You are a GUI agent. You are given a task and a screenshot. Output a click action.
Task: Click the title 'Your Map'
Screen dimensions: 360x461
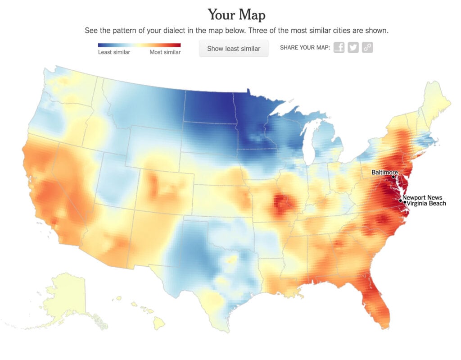(x=236, y=15)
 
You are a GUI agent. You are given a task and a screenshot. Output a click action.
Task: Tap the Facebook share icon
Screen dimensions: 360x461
(x=339, y=48)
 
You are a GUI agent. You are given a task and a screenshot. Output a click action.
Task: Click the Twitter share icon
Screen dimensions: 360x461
(x=353, y=48)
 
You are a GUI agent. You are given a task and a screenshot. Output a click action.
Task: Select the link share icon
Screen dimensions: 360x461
(x=367, y=48)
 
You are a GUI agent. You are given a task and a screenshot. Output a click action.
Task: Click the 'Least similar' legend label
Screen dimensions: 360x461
(x=114, y=52)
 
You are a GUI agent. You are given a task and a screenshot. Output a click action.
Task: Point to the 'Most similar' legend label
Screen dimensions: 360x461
(x=165, y=52)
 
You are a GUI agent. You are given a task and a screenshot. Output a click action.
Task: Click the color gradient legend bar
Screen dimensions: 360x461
(x=139, y=45)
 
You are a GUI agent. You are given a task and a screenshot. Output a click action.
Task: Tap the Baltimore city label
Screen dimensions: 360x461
(x=384, y=172)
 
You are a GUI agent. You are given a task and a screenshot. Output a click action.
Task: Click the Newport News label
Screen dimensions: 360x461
(x=422, y=197)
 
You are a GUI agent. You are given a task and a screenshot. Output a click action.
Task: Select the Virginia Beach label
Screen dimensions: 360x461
(x=426, y=203)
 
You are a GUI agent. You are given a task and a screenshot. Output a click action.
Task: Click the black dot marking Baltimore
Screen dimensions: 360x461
(x=393, y=177)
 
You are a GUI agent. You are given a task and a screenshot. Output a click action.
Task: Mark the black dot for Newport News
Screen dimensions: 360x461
(x=401, y=200)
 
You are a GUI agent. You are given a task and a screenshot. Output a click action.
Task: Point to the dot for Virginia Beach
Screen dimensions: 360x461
(x=404, y=202)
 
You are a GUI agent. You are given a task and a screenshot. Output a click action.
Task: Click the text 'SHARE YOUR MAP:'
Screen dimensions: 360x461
(x=305, y=48)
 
